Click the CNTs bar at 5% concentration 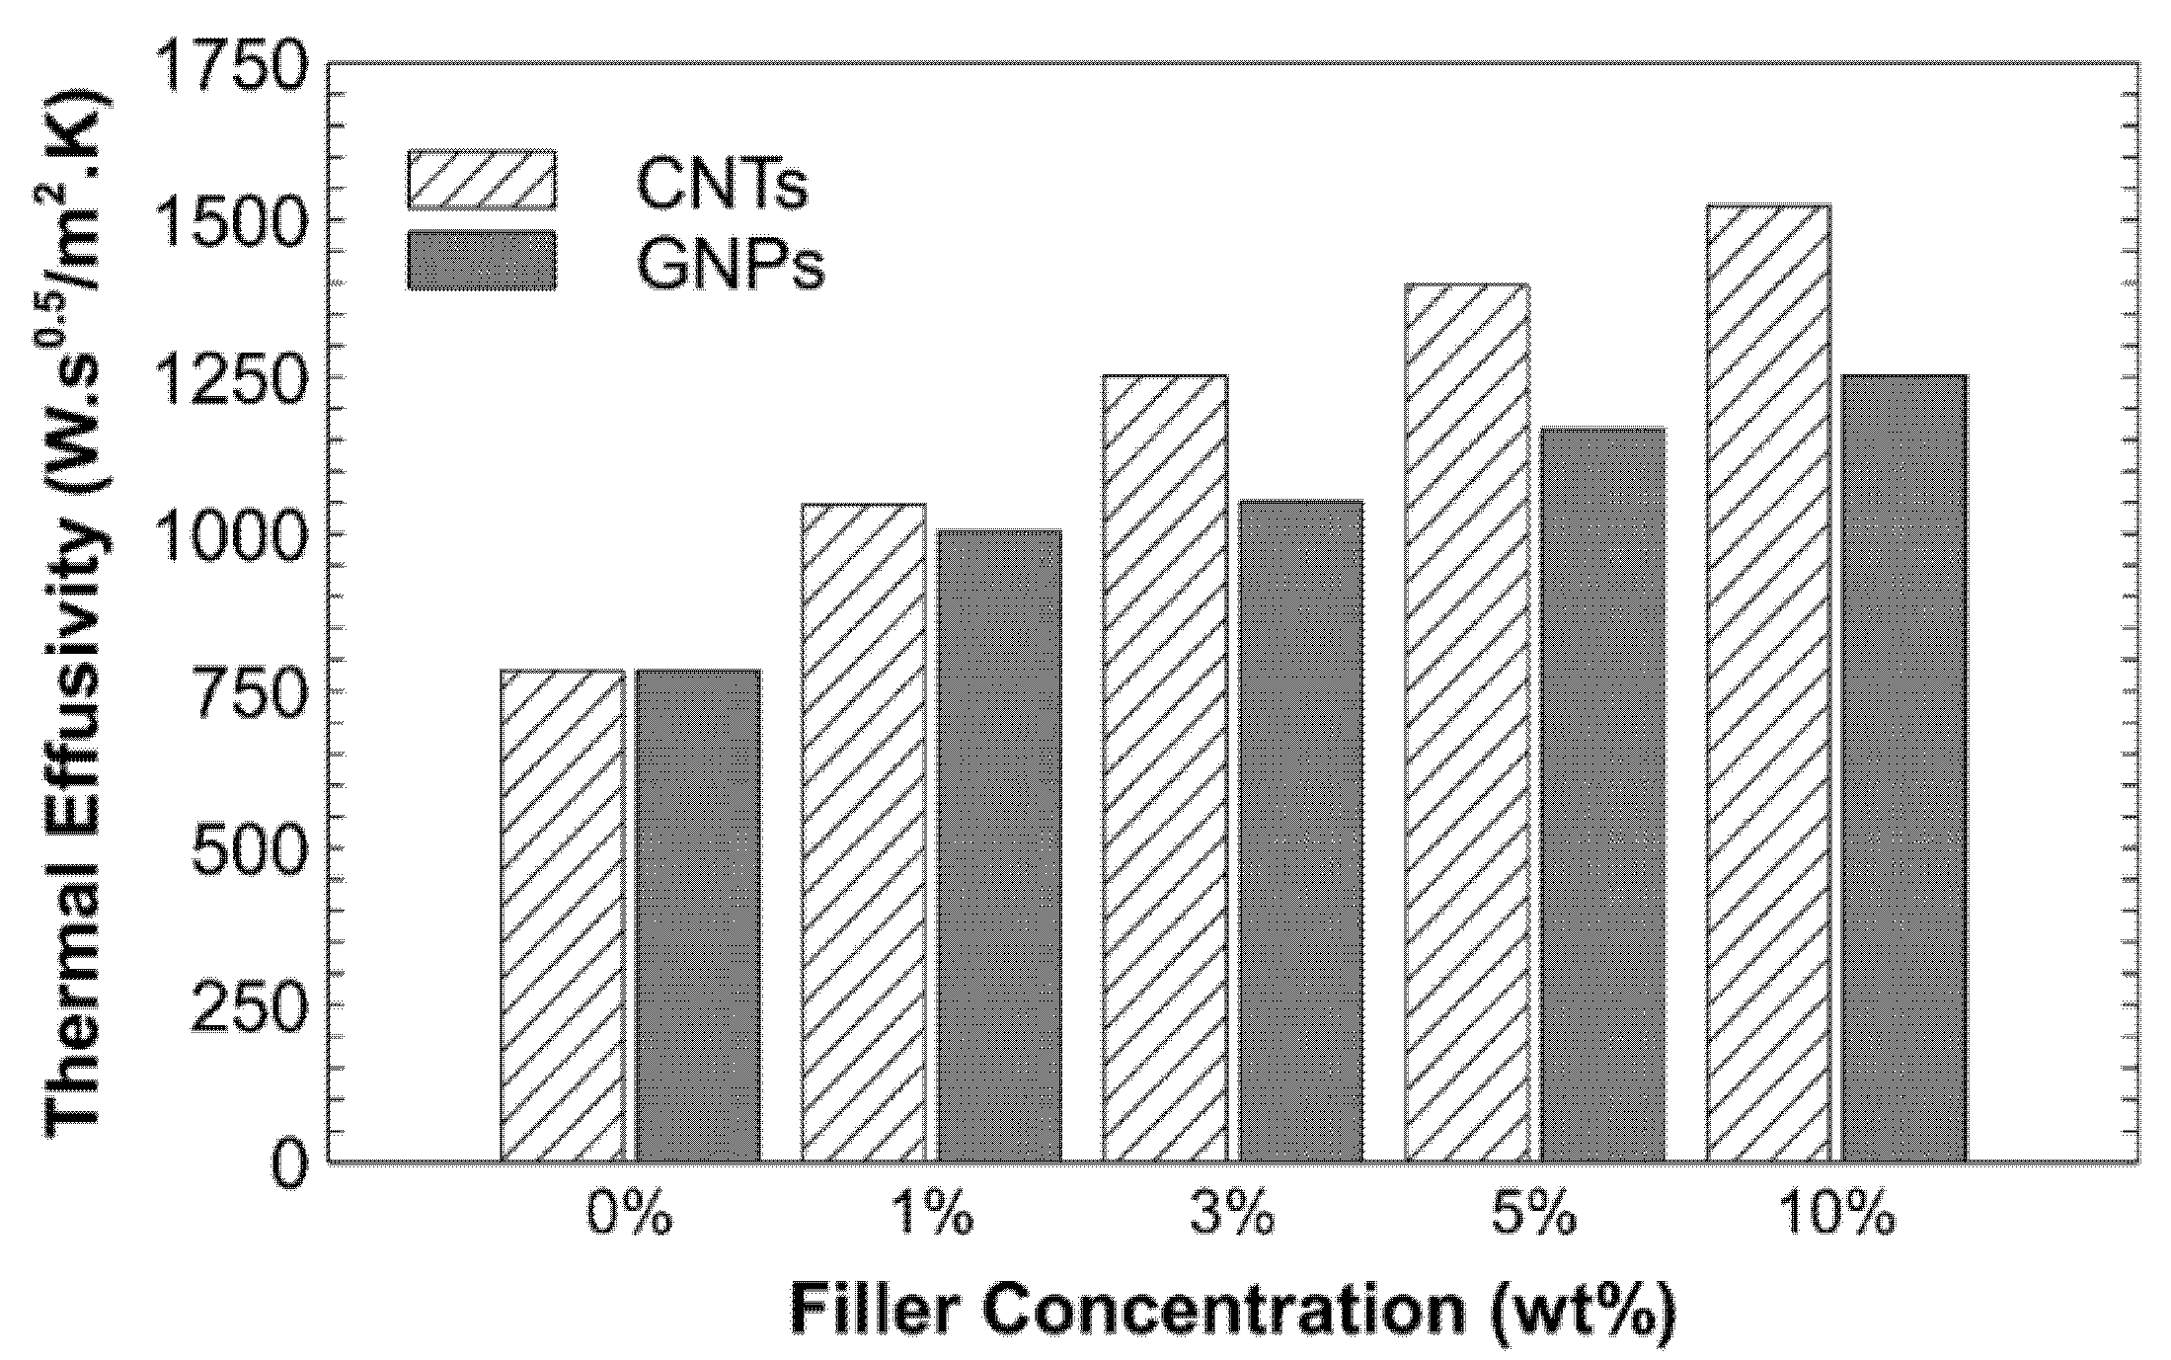point(1466,722)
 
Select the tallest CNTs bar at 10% point(1767,682)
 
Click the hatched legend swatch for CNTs point(482,180)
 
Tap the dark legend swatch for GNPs point(482,261)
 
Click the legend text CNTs point(722,184)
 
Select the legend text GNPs point(730,265)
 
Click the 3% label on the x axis point(1231,1216)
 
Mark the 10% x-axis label point(1837,1216)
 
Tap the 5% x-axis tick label point(1533,1216)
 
